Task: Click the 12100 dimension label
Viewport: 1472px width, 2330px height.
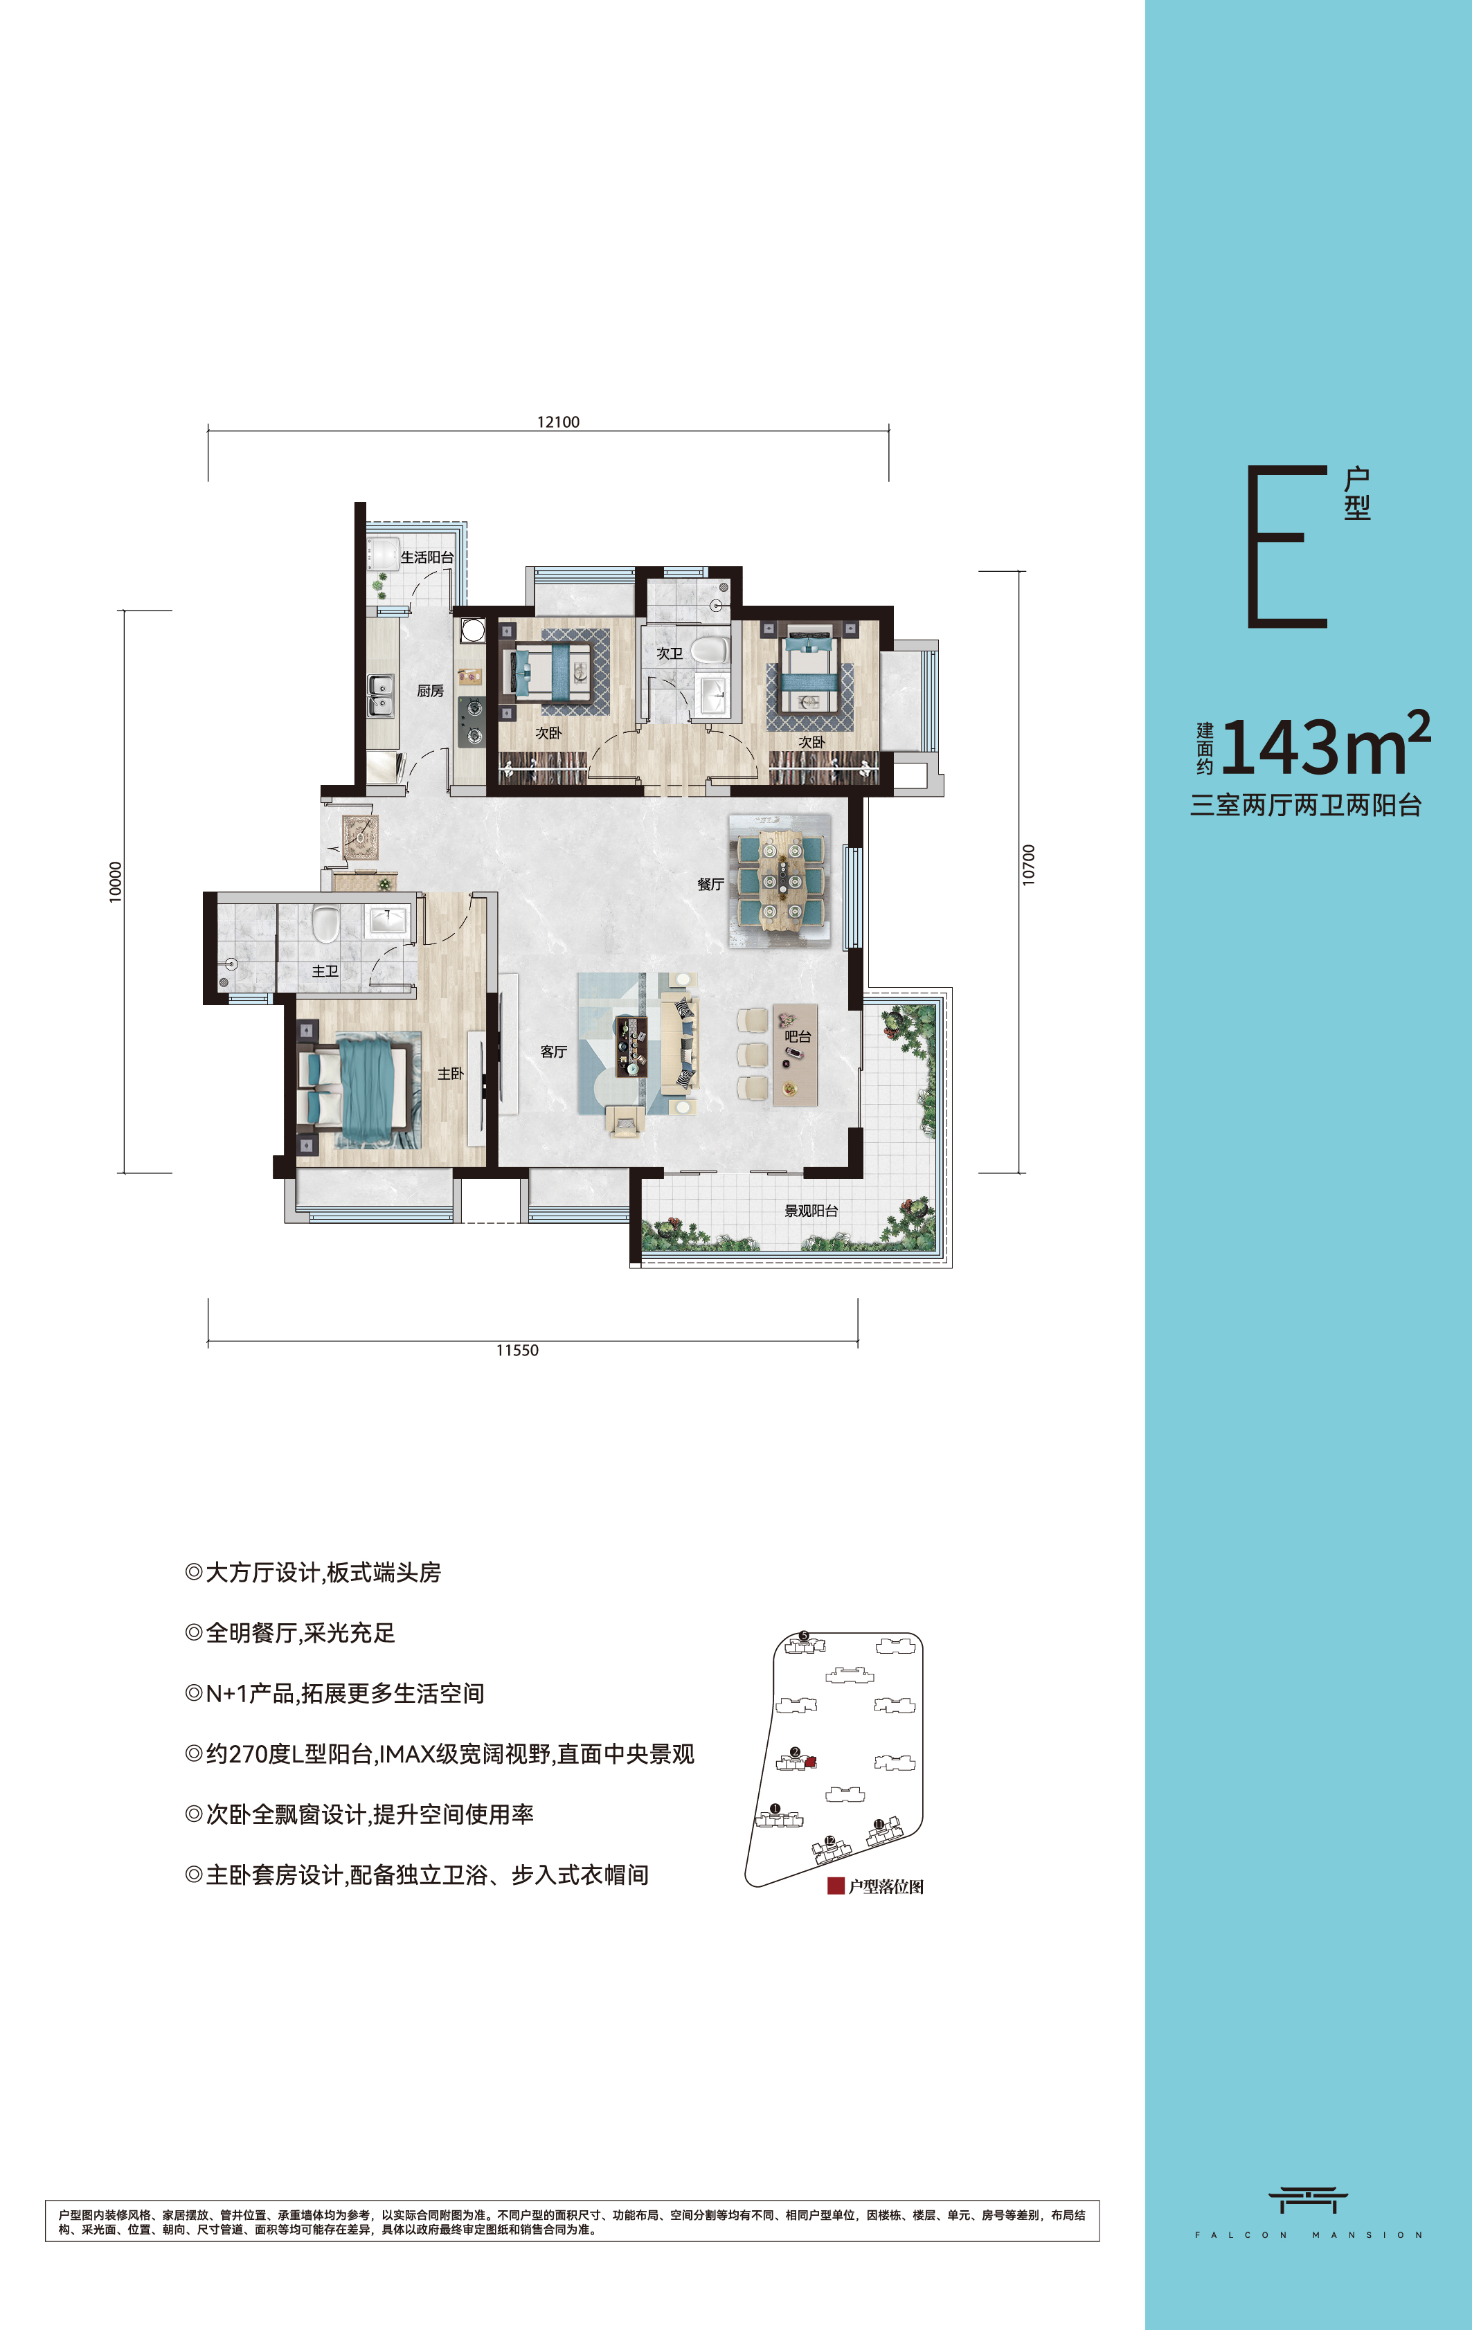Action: pos(559,422)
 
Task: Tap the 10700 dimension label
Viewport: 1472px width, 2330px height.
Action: pos(1029,864)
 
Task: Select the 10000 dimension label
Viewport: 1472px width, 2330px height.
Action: pos(116,881)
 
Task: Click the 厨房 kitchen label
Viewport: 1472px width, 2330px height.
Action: pos(431,691)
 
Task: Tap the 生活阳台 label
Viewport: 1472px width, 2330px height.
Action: pos(427,557)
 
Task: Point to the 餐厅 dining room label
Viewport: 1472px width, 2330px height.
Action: pos(710,883)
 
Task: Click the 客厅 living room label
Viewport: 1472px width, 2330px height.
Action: pos(554,1051)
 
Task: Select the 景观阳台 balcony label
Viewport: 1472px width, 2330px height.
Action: pos(811,1211)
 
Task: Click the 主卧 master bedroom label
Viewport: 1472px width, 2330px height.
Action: pos(450,1073)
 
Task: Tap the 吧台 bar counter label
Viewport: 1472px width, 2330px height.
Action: pos(798,1036)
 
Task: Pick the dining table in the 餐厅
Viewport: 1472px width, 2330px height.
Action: pos(779,880)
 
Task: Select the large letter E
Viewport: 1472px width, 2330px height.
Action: pos(1287,547)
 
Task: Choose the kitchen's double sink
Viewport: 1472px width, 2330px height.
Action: pos(380,695)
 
